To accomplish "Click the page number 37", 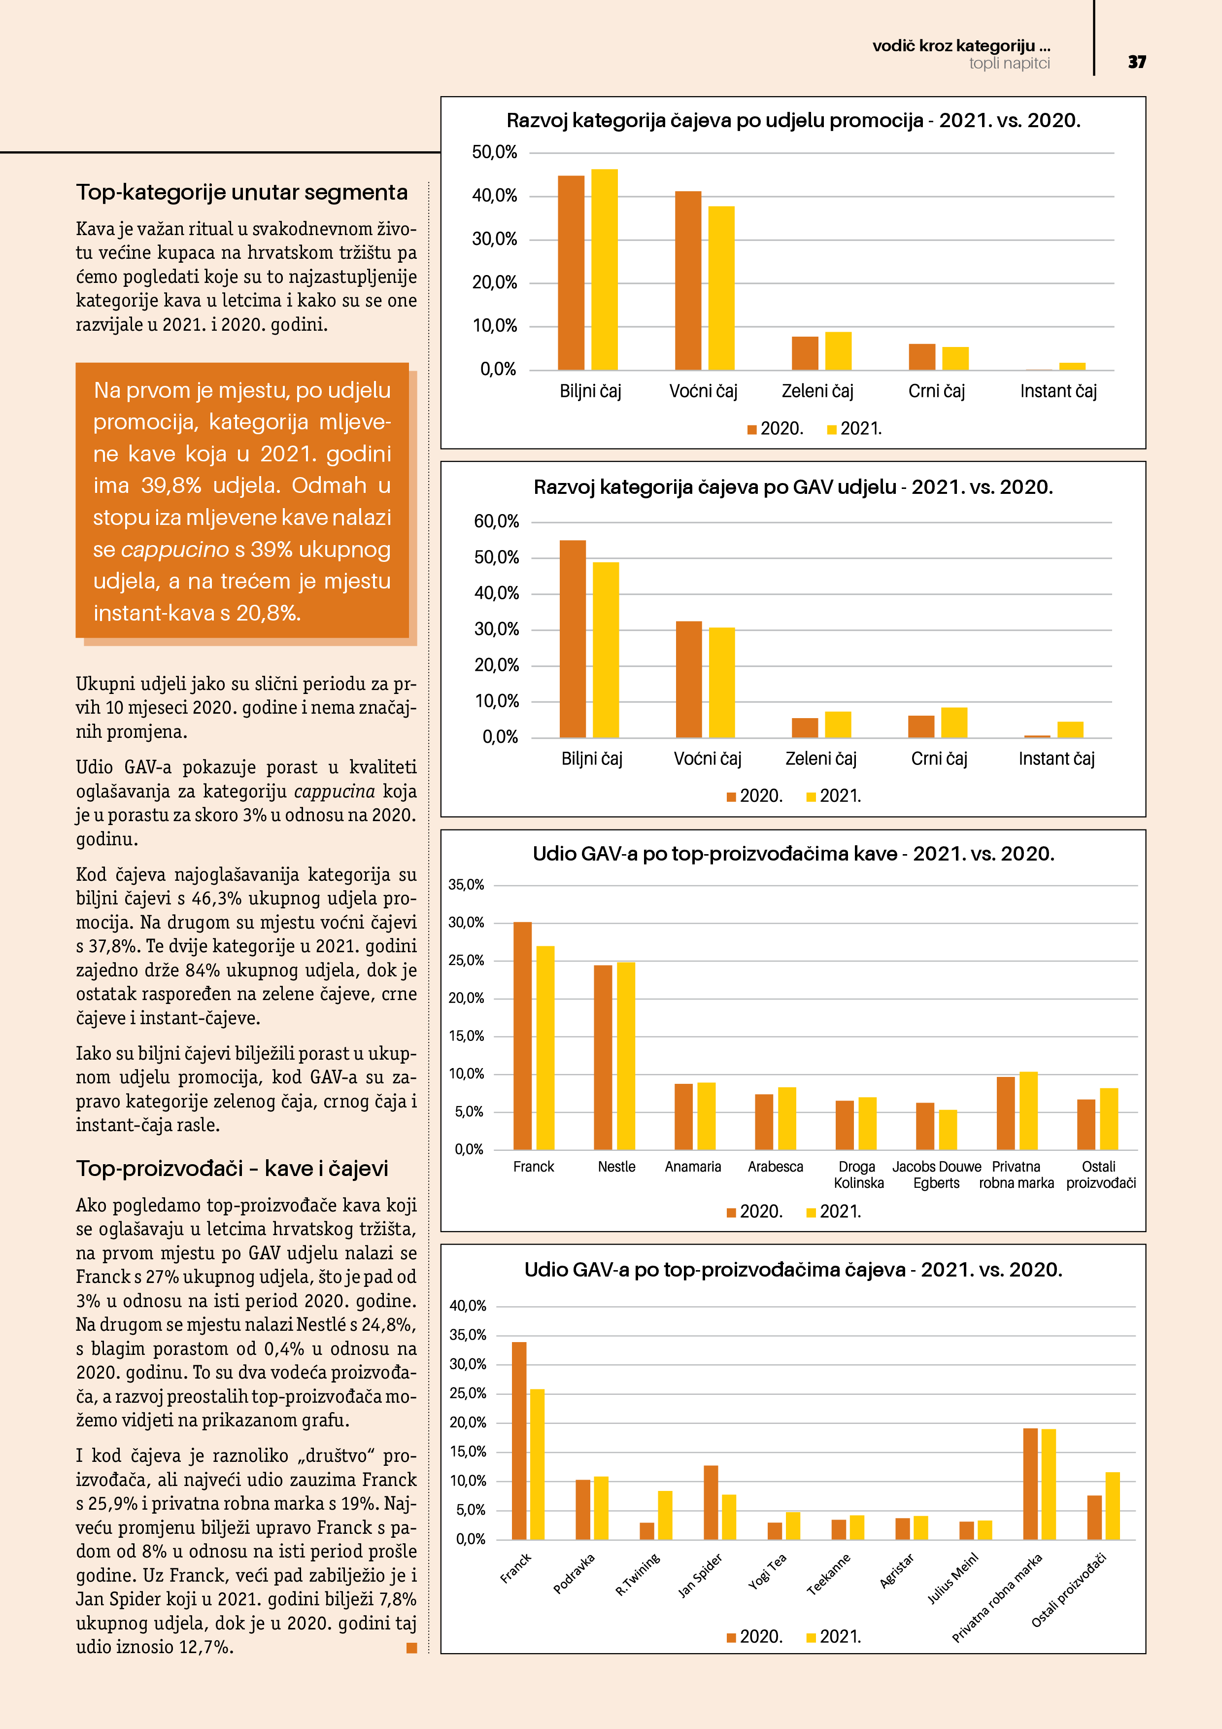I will tap(1137, 62).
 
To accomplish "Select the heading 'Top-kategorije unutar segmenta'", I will tap(241, 193).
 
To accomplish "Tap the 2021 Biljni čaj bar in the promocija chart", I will tap(604, 270).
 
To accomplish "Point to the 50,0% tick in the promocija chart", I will tap(495, 152).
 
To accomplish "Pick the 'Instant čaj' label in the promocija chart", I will tap(1058, 391).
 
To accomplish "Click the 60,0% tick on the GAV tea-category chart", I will tap(496, 521).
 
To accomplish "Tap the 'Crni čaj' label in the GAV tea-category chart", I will tap(939, 759).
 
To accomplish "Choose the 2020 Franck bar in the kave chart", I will tap(522, 1036).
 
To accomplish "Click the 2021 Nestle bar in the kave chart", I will tap(626, 1055).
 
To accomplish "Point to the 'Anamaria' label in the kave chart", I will tap(693, 1167).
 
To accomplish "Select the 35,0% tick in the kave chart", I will tap(466, 885).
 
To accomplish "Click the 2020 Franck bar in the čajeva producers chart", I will tap(519, 1440).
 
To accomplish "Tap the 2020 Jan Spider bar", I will tap(711, 1502).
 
